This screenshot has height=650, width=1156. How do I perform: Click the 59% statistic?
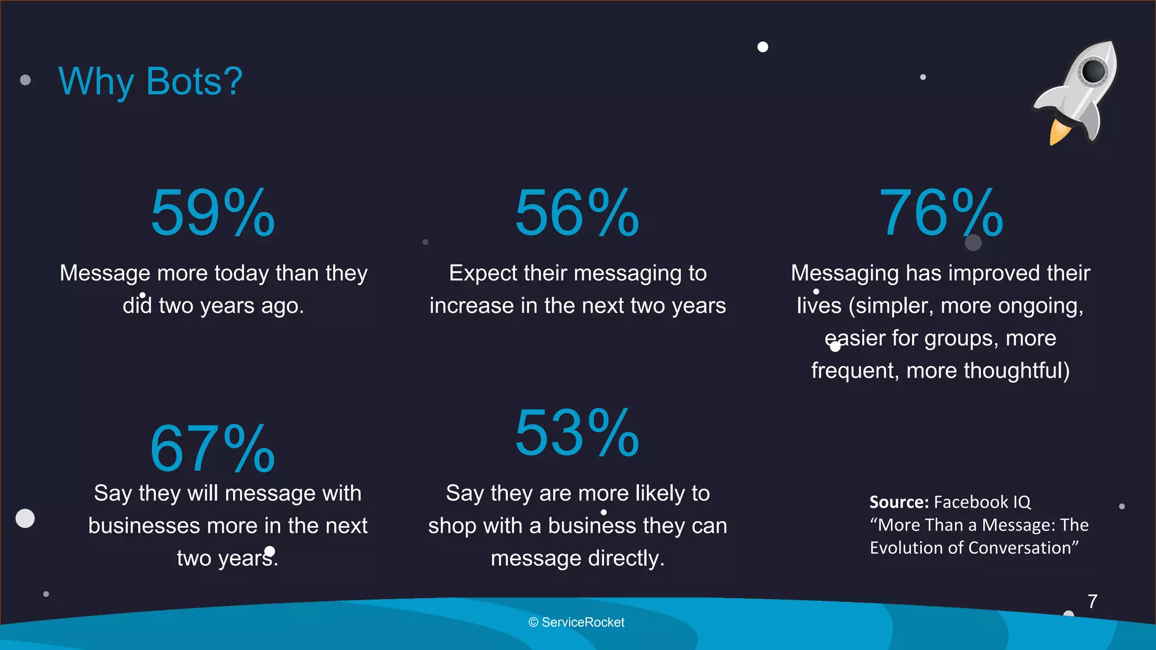[x=213, y=213]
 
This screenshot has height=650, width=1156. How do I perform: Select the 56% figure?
[x=577, y=213]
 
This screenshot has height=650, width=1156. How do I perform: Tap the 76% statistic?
[x=941, y=213]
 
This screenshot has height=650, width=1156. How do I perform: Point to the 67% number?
[x=212, y=449]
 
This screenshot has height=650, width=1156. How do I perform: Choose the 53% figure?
[x=577, y=433]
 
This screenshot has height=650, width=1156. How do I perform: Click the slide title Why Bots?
[x=150, y=82]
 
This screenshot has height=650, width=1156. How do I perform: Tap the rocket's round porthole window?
[x=1093, y=71]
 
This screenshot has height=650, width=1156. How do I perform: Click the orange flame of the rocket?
[x=1058, y=132]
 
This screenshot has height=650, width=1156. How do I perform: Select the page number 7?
[x=1092, y=601]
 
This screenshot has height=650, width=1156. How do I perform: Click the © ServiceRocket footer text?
[x=576, y=622]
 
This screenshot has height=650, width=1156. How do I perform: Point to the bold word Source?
[x=899, y=502]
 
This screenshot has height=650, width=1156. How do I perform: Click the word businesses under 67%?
[x=144, y=526]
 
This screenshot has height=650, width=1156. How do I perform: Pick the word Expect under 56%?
[x=483, y=274]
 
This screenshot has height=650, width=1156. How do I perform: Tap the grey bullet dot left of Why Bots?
[x=25, y=80]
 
